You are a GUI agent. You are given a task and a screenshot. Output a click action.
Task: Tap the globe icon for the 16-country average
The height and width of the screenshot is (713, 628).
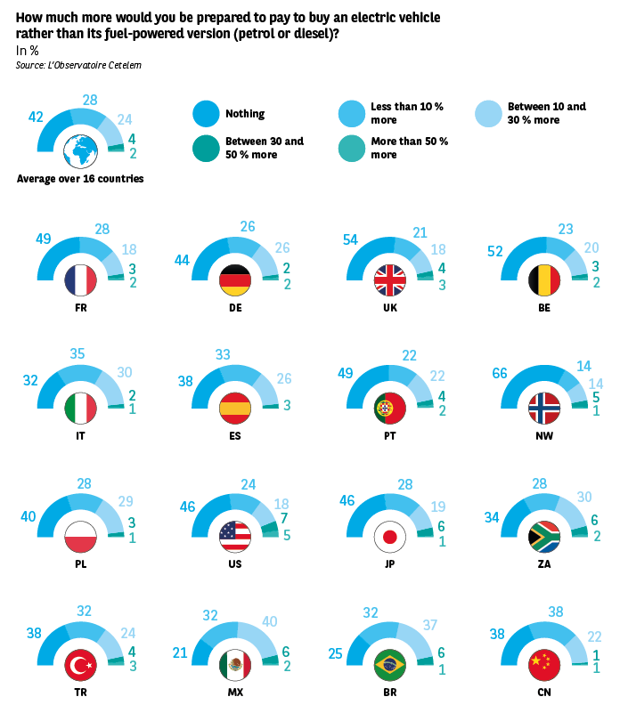(81, 151)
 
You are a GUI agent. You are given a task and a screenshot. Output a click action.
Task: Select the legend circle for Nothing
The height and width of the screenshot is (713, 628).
(206, 114)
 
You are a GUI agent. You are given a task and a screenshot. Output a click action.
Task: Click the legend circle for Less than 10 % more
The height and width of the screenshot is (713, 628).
(352, 114)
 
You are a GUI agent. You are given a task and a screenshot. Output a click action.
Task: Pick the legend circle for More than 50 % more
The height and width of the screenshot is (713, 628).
(352, 148)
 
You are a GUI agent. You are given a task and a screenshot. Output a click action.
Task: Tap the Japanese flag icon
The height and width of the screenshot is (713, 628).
(389, 537)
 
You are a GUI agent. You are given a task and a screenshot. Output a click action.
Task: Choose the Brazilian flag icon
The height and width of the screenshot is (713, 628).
(389, 664)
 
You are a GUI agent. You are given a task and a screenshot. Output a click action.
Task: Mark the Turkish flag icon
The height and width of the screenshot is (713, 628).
(81, 664)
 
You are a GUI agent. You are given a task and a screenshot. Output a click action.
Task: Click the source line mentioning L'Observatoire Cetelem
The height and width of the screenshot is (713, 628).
(78, 65)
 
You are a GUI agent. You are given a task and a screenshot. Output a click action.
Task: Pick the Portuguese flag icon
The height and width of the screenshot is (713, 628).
(389, 408)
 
